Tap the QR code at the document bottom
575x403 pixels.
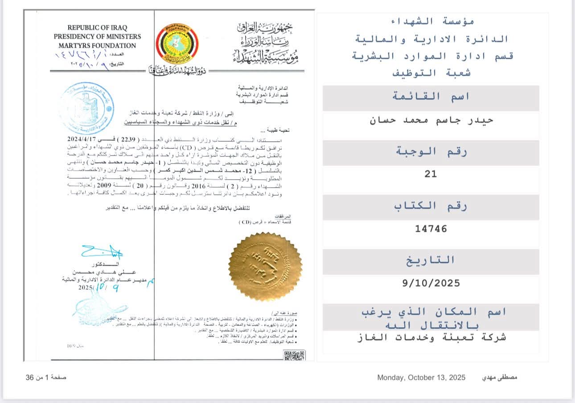[294, 356]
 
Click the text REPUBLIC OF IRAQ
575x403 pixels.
[97, 28]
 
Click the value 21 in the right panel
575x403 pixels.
[431, 174]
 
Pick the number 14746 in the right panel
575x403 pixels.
[431, 229]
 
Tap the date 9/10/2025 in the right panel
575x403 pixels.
[431, 283]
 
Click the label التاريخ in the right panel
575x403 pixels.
[431, 260]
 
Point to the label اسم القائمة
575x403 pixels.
[431, 96]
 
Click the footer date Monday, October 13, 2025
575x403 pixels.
[421, 378]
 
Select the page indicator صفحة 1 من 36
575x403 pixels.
[46, 378]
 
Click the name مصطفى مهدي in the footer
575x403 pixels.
[500, 378]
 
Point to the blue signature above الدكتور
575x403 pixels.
[102, 252]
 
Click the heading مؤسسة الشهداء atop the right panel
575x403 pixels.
[431, 21]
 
